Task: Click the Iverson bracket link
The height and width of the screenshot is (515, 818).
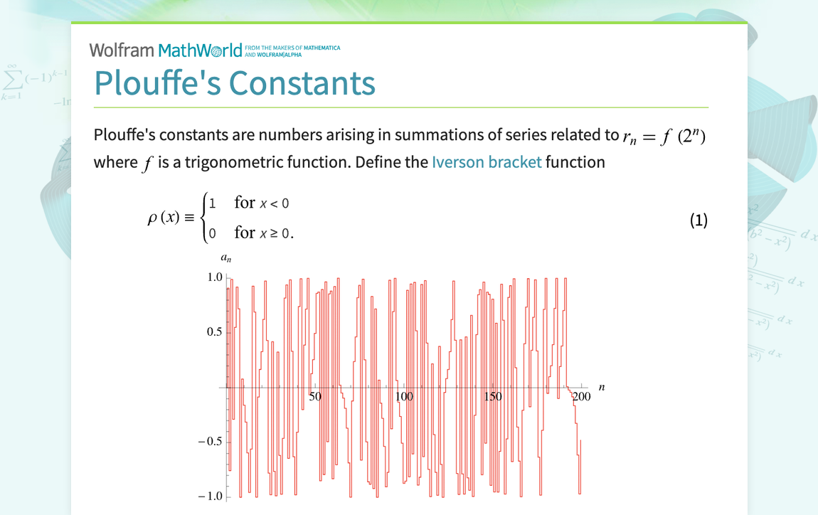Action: click(x=487, y=162)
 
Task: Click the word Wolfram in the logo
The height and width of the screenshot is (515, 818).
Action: click(x=122, y=51)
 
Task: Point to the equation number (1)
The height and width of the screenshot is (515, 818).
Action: click(x=699, y=221)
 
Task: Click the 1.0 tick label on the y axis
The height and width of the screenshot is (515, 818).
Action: click(x=214, y=277)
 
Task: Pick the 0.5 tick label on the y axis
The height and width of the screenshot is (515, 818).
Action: click(x=214, y=332)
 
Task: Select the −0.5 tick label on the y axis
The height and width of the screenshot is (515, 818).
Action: click(x=211, y=442)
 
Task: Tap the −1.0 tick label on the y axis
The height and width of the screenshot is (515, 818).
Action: click(x=211, y=497)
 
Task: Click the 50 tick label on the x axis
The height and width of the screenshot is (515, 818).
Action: click(x=316, y=397)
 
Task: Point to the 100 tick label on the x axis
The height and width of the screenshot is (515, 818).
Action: click(x=404, y=397)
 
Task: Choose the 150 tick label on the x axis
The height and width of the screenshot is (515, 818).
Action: click(x=492, y=397)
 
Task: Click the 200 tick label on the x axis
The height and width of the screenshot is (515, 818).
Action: click(x=581, y=397)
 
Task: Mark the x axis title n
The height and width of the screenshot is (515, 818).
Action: click(x=602, y=387)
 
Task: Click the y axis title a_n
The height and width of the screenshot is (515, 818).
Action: click(x=225, y=260)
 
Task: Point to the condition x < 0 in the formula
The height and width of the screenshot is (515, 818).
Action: click(x=274, y=203)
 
